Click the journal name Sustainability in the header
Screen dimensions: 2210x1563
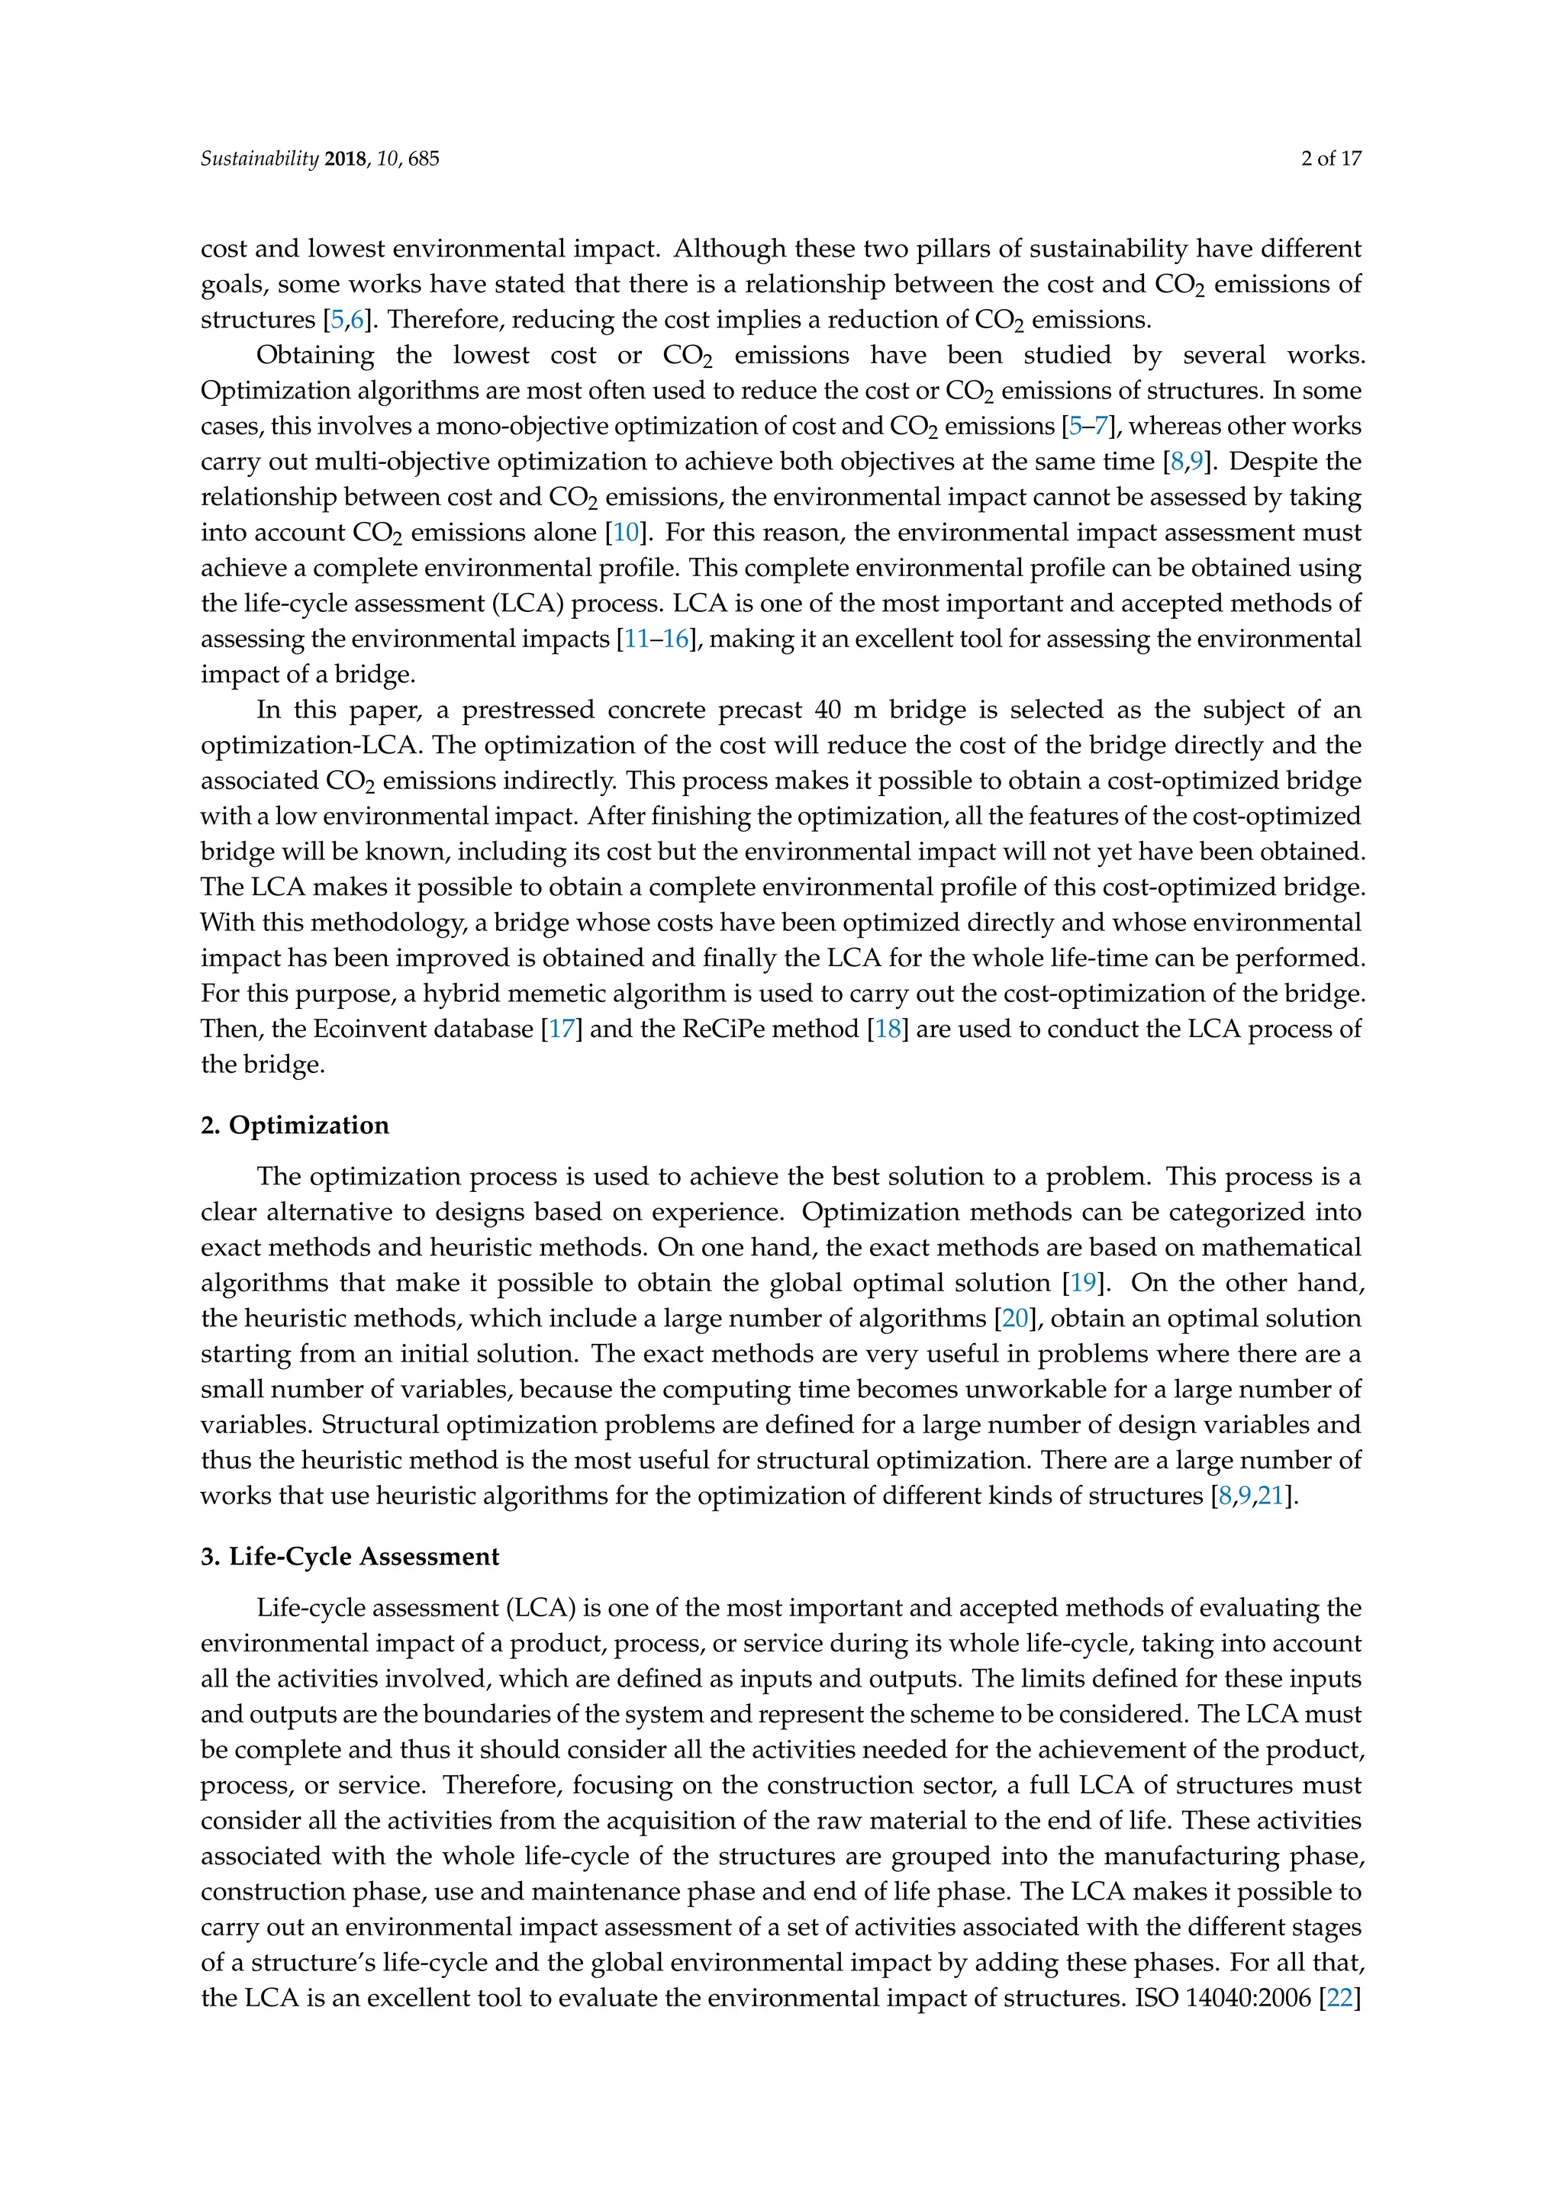pyautogui.click(x=258, y=159)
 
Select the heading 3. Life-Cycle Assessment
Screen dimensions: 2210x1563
pyautogui.click(x=350, y=1557)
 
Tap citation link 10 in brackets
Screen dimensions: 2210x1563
pyautogui.click(x=626, y=533)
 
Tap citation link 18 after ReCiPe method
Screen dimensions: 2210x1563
pyautogui.click(x=888, y=1029)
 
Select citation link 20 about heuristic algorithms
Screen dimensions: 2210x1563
pyautogui.click(x=1014, y=1319)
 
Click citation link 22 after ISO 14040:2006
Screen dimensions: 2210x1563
pyautogui.click(x=1339, y=1999)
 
